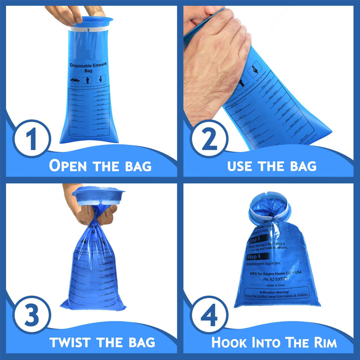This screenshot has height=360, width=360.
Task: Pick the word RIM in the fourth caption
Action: (x=322, y=343)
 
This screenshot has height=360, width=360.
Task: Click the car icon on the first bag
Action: (x=75, y=80)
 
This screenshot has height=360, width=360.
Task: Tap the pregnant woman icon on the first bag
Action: (x=100, y=79)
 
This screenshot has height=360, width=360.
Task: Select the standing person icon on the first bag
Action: (x=88, y=80)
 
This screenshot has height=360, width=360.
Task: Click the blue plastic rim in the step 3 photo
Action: (x=99, y=197)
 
